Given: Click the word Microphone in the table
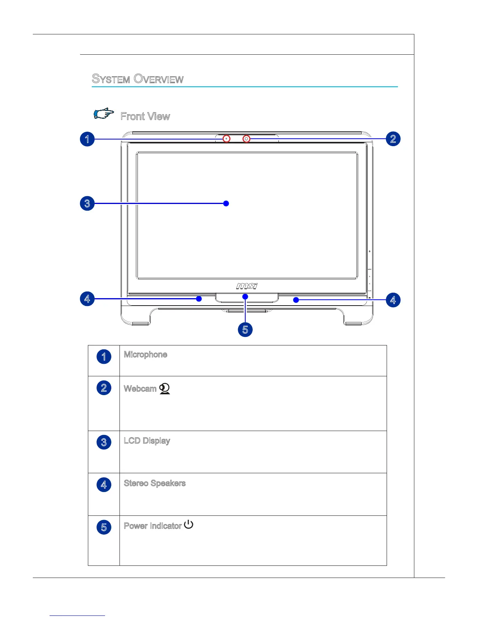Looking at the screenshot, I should coord(145,354).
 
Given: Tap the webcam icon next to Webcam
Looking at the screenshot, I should coord(165,388).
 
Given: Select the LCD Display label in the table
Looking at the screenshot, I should coord(147,441).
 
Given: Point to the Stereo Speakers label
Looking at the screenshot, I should coord(155,483).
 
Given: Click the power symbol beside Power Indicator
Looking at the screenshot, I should coord(189,524).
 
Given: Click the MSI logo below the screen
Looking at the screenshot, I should coord(247,286).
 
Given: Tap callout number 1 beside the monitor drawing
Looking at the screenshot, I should coord(87,139).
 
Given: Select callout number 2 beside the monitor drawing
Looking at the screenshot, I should coord(393,139).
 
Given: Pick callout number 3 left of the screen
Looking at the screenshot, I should coord(87,203).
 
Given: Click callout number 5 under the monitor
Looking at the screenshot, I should coord(245,329).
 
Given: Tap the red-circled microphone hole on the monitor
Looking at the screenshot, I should coord(227,139).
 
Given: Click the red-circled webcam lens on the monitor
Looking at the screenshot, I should coord(246,139).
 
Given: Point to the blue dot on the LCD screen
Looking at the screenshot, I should coord(226,203).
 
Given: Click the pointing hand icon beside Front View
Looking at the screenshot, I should coord(104,114).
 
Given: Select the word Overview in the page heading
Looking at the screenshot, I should coord(159,79).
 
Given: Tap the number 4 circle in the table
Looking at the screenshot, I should coord(104,485).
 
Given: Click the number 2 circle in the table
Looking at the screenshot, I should coord(104,388).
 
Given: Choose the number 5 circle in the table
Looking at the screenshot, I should coord(104,527).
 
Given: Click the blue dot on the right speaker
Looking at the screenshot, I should coord(296,300).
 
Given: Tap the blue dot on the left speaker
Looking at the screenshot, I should coord(199,299).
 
